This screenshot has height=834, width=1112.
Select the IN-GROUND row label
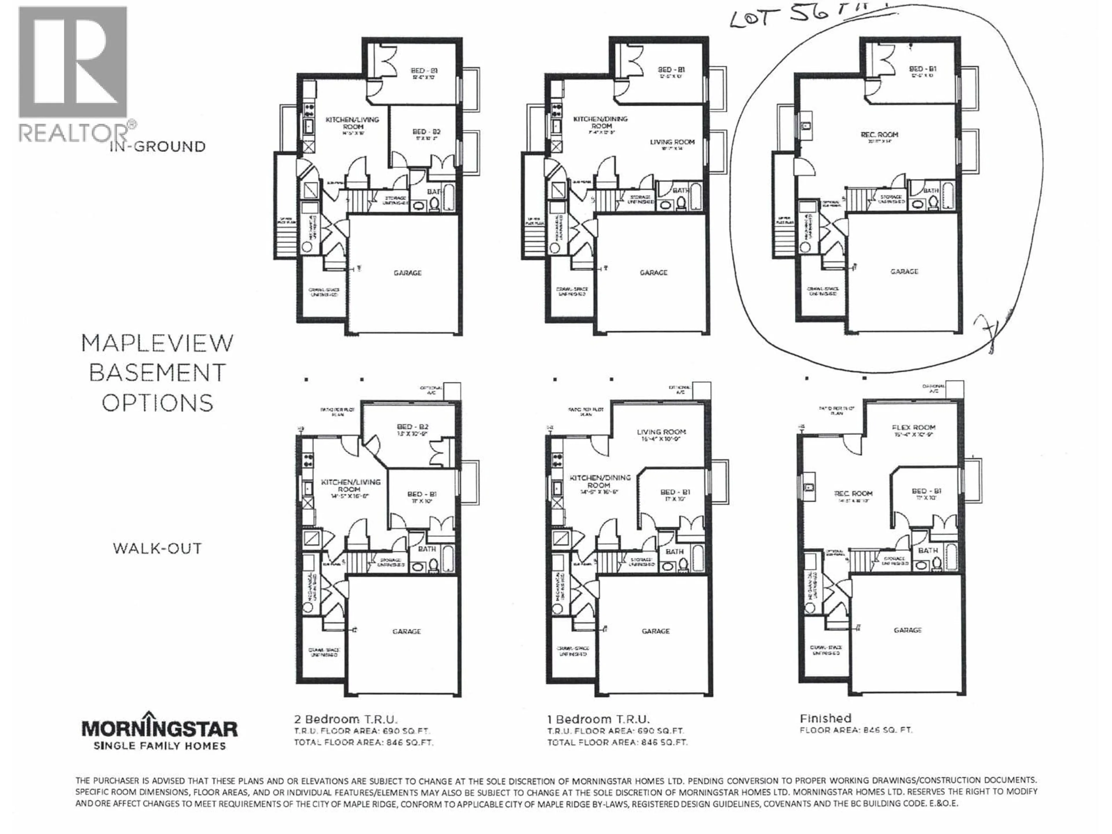(157, 147)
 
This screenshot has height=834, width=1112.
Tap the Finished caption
(825, 718)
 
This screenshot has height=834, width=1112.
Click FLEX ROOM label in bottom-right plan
(914, 427)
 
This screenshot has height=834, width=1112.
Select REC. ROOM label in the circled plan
(879, 135)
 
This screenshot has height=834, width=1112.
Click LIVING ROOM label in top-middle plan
(672, 142)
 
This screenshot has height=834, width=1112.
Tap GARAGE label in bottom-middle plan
(656, 631)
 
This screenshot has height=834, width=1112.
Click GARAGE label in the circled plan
(904, 271)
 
